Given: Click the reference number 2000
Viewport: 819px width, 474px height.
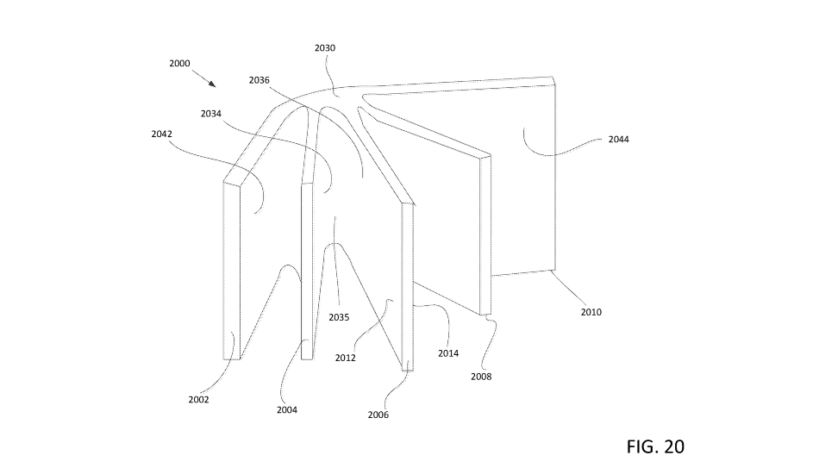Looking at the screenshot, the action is click(179, 63).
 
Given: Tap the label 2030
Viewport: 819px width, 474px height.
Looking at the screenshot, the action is click(325, 48).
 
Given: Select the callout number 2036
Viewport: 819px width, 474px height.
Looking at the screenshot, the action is click(259, 80).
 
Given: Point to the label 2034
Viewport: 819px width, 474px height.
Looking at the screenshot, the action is click(211, 114).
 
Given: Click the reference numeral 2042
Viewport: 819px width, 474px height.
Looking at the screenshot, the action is click(162, 134).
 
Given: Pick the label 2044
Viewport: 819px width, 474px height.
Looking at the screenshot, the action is click(619, 140).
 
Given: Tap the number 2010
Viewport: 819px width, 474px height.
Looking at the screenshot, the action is click(591, 312).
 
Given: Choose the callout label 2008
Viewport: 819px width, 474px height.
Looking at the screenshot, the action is click(481, 377).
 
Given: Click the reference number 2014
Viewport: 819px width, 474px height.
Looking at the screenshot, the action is click(448, 353).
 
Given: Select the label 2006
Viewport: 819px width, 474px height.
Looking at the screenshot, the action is click(378, 415).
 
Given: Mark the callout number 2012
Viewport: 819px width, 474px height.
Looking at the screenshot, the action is click(345, 359).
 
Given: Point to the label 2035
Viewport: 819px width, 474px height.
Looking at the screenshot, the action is click(339, 317).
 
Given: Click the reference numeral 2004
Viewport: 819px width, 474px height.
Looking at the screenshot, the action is click(287, 410).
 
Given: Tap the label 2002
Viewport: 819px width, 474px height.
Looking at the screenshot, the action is click(198, 400).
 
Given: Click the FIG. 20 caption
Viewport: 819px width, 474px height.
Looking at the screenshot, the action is click(655, 447).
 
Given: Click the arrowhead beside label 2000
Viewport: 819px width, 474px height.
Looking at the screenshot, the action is click(212, 84).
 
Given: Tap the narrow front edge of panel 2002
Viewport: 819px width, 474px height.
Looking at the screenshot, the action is click(231, 271).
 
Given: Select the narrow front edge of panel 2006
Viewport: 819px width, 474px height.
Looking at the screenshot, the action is click(408, 287).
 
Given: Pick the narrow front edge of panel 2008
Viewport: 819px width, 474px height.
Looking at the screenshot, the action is click(485, 235).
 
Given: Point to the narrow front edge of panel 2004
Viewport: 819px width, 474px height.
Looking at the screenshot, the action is click(307, 271).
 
